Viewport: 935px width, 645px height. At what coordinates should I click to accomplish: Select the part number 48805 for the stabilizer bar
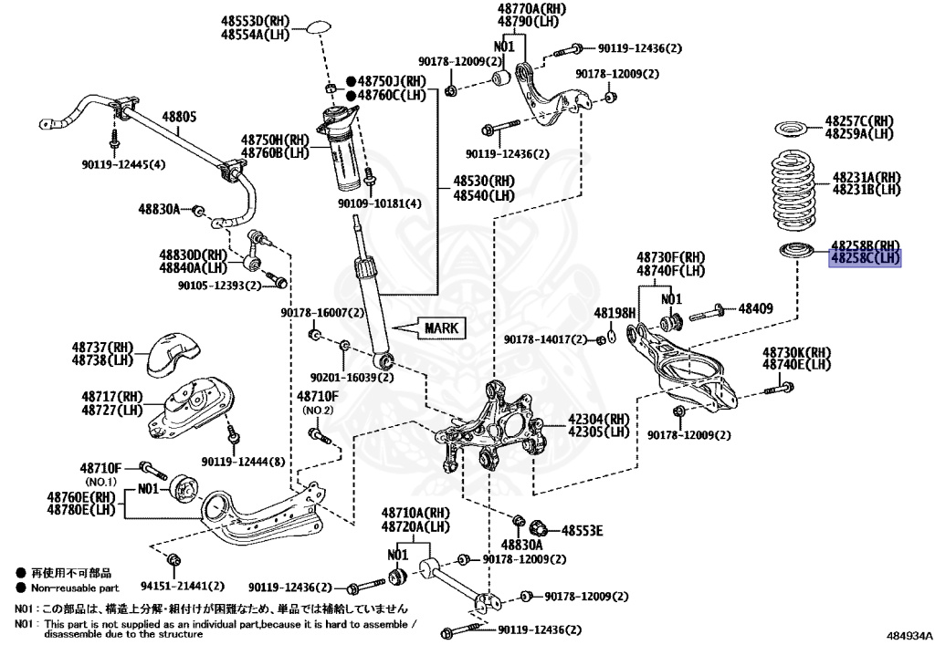pos(180,117)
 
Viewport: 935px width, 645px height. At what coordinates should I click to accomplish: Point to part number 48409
pos(755,309)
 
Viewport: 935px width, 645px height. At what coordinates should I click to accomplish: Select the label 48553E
pos(583,529)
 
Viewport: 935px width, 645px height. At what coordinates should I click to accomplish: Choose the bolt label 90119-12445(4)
pos(123,164)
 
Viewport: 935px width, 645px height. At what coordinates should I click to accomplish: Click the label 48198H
pos(614,313)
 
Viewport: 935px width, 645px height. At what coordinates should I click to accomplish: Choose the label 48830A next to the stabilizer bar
pos(160,209)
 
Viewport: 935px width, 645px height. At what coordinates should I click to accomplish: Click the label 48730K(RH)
pos(797,352)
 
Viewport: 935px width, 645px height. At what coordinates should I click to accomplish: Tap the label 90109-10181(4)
pos(380,203)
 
